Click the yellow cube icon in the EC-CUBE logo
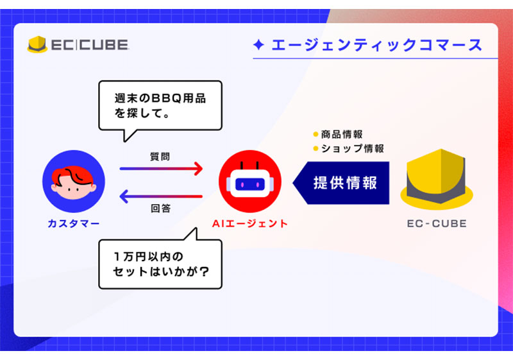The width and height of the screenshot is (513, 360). coord(37,44)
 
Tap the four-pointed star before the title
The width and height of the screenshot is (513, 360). coord(259,45)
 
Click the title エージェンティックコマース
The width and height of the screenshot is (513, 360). coord(377,45)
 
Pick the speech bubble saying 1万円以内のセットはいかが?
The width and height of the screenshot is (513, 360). coord(160,259)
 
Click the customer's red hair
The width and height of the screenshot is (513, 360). coord(72,176)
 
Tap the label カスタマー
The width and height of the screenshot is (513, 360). coord(74,223)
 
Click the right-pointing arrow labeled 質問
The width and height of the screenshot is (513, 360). coord(162,169)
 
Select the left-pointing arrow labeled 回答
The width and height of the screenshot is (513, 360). coord(162,196)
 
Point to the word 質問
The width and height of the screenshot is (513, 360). coord(160,157)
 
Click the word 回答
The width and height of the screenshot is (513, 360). coord(161,208)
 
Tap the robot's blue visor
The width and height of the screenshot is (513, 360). coord(250,185)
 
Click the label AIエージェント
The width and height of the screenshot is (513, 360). coord(250,223)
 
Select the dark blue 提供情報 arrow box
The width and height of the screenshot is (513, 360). coord(341,183)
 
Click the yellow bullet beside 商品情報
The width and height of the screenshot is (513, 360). coord(315,134)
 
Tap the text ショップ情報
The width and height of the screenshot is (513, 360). coord(353,149)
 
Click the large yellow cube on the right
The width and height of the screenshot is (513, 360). coord(437,179)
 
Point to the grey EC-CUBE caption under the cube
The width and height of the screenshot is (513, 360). coord(437,223)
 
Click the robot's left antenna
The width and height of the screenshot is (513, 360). coord(242,166)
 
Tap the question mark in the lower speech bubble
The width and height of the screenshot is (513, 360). coord(204,271)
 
